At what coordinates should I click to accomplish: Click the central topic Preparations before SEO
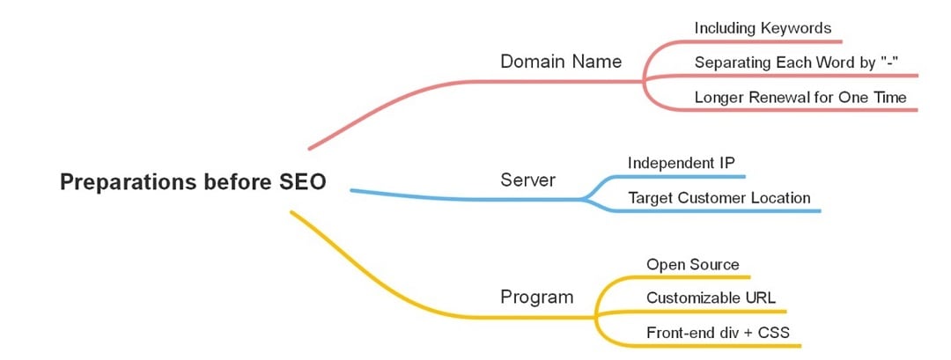193,182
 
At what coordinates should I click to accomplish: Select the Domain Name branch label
561,62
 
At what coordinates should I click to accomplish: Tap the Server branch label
528,180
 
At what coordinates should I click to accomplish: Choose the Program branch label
536,297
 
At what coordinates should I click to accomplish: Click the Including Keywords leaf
763,27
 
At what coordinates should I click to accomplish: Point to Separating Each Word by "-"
795,62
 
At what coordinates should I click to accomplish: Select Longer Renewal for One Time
800,97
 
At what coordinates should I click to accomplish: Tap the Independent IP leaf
681,163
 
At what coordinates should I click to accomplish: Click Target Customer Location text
719,197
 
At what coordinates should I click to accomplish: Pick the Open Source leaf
692,264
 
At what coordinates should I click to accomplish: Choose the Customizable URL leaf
711,298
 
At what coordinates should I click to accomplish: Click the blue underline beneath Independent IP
687,176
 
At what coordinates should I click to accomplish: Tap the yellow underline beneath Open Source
696,277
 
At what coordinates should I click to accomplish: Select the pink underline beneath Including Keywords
766,41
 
